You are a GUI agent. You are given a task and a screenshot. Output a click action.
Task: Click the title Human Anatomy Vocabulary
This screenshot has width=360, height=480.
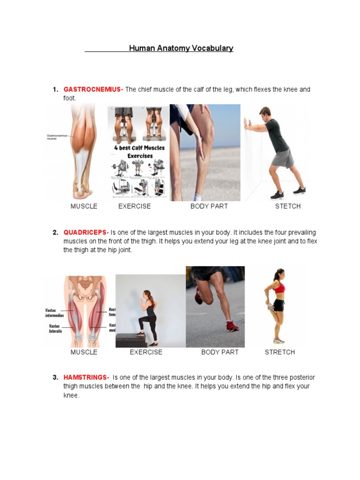click(181, 48)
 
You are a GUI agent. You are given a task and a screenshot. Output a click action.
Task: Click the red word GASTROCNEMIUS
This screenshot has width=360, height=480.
click(92, 90)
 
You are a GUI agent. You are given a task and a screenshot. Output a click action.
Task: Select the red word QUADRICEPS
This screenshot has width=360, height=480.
click(85, 232)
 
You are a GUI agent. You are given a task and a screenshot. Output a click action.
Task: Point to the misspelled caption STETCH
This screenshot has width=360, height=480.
click(288, 206)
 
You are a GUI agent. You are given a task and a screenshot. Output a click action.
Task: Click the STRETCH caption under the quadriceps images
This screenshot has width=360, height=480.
click(280, 352)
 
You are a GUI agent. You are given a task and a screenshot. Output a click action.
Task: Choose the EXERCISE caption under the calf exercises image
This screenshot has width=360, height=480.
click(135, 206)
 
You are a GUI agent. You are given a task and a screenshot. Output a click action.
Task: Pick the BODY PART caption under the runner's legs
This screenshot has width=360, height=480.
click(220, 352)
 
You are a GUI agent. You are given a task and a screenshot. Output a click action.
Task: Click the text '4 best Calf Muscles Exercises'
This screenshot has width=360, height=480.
click(139, 152)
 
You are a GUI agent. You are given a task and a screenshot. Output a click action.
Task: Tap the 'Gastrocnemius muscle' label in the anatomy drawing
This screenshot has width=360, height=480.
click(56, 137)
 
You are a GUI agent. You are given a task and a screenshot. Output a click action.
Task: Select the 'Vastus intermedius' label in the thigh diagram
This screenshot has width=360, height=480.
click(55, 313)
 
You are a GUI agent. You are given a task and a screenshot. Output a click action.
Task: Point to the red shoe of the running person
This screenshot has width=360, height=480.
click(232, 326)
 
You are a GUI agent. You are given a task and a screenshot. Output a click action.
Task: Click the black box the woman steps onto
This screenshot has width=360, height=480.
click(132, 341)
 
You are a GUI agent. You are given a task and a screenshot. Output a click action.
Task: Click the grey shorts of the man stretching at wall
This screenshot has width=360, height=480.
click(283, 159)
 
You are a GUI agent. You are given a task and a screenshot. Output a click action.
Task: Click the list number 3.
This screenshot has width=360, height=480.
click(55, 377)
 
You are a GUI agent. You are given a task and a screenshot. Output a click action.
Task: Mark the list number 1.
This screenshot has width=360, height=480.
click(55, 90)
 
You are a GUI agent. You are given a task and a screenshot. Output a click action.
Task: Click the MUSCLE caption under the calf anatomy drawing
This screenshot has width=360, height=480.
click(84, 206)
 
